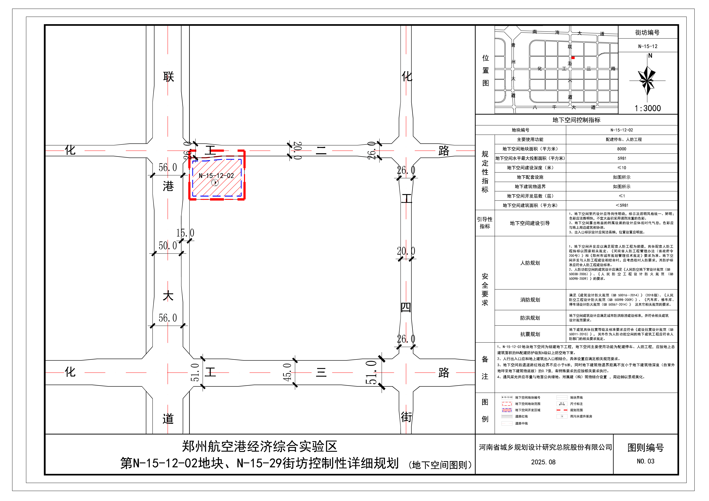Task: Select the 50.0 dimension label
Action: click(x=168, y=246)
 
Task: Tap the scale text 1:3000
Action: click(x=648, y=108)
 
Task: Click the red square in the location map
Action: click(x=573, y=58)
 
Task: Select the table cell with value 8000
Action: click(x=622, y=149)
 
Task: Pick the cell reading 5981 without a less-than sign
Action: click(x=622, y=158)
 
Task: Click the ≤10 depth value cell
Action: click(x=622, y=168)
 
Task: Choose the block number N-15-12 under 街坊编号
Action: click(x=648, y=46)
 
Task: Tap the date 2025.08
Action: click(x=543, y=462)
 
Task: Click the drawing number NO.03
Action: click(x=645, y=461)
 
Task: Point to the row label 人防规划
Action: click(x=530, y=263)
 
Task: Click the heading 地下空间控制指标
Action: click(x=576, y=120)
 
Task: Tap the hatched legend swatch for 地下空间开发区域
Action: click(x=507, y=410)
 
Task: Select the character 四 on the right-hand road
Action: click(x=406, y=307)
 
